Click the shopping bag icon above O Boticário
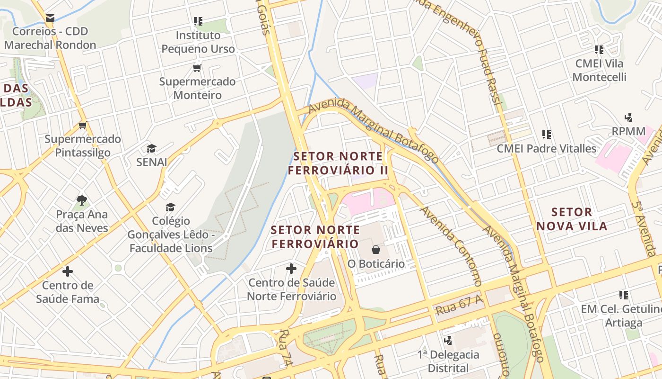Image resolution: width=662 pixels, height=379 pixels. (376, 249)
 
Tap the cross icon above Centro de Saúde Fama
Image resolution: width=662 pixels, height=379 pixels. (68, 271)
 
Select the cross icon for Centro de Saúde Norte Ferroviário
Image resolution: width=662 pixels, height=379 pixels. (291, 269)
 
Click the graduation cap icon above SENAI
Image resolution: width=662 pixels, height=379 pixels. (151, 148)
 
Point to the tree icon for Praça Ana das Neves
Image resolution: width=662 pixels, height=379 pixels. (82, 200)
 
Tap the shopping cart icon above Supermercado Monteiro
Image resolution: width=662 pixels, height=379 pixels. (197, 68)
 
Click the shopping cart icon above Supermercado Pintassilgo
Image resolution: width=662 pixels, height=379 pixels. (83, 126)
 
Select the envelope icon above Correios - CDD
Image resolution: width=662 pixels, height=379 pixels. (50, 18)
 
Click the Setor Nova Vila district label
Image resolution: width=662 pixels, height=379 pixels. (572, 219)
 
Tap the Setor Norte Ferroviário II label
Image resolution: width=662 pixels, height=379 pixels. (338, 163)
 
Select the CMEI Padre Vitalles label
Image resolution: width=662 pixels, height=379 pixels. (546, 148)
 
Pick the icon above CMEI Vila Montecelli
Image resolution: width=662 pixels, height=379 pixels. (599, 49)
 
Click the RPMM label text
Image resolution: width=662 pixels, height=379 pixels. (628, 131)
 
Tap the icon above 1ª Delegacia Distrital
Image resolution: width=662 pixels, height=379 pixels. (448, 340)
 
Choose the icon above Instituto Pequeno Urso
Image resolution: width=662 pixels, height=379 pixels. (198, 21)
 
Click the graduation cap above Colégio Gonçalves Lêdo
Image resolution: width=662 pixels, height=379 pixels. (170, 207)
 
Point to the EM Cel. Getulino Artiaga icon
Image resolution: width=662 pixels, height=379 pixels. (624, 295)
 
